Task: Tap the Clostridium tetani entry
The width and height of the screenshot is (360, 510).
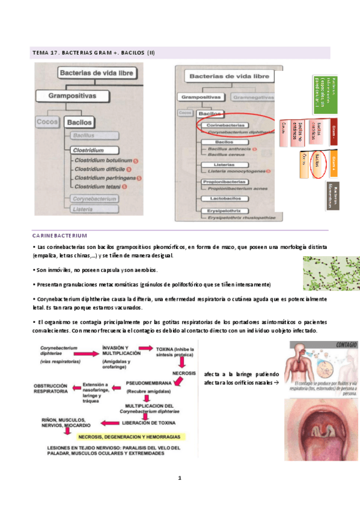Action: [x=97, y=186]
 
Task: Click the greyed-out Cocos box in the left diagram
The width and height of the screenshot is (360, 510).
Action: [x=47, y=122]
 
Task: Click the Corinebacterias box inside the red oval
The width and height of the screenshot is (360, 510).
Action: [x=220, y=124]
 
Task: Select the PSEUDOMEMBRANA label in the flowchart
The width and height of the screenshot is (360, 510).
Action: [x=148, y=383]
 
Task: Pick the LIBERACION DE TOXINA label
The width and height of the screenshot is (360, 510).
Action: [x=147, y=423]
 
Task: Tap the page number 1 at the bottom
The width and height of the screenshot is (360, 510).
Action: [x=179, y=479]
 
